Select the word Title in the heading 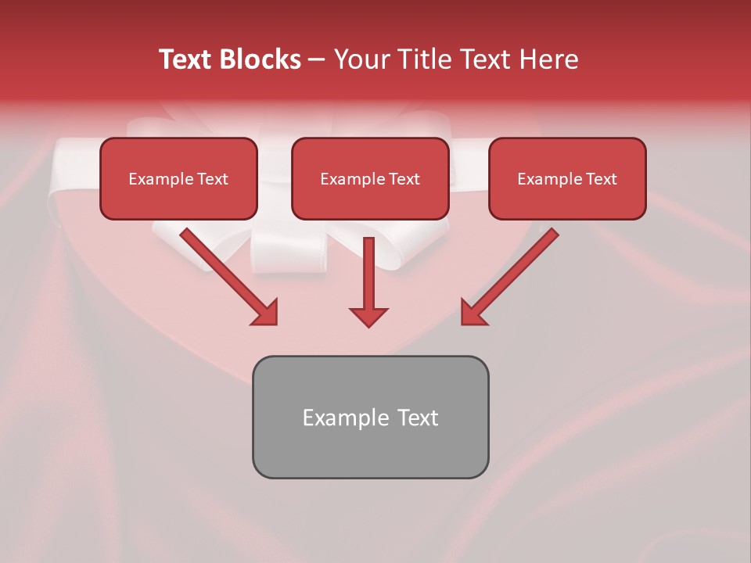click(x=422, y=59)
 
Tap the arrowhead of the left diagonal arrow click(x=266, y=313)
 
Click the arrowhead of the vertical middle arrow click(x=368, y=316)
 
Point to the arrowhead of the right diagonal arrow click(x=473, y=313)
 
